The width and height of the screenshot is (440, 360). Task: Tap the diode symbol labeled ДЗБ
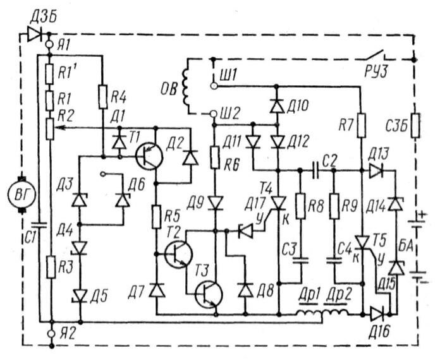click(35, 33)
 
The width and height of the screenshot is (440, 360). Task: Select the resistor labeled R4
click(102, 97)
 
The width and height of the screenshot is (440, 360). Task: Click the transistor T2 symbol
click(178, 253)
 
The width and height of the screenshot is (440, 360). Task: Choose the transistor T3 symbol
click(209, 294)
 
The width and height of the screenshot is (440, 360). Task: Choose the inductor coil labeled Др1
click(309, 313)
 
